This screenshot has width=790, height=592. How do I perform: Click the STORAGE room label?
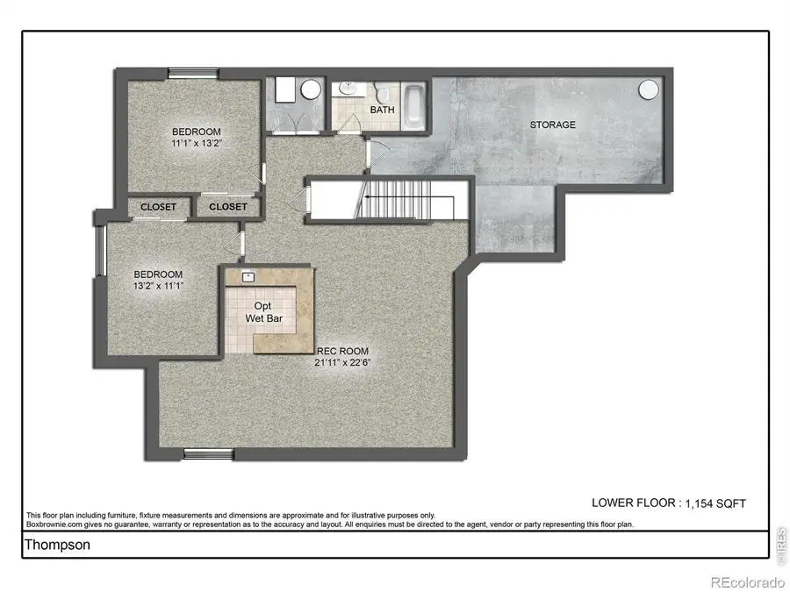(x=552, y=125)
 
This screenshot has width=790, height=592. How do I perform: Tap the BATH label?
(x=382, y=110)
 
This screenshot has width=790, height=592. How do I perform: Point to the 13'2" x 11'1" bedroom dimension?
(x=158, y=285)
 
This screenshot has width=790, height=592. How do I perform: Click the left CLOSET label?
(x=159, y=207)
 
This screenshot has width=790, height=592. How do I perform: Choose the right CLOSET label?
(x=228, y=207)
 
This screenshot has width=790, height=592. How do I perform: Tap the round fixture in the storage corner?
(x=649, y=89)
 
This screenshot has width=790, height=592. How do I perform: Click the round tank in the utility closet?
(x=310, y=91)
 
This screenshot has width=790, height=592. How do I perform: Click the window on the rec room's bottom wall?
(x=209, y=453)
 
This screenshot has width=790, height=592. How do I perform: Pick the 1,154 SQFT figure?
(x=714, y=503)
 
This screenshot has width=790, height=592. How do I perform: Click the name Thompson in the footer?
(x=57, y=545)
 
